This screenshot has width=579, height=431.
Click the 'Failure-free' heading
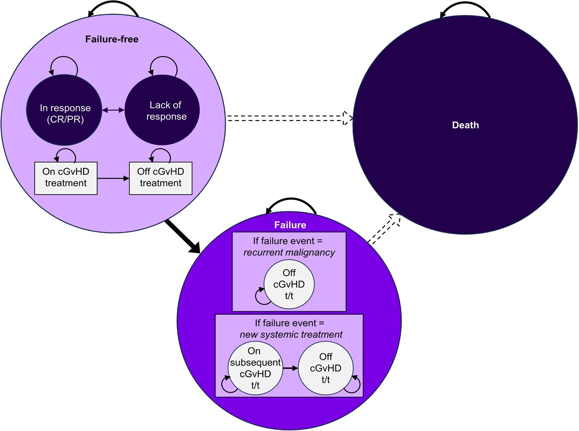(x=112, y=39)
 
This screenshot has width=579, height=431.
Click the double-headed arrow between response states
(x=113, y=110)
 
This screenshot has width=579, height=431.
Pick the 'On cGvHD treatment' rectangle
(x=66, y=178)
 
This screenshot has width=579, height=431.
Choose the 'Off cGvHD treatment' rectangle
(x=161, y=178)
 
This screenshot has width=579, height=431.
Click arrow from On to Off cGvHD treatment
(x=113, y=179)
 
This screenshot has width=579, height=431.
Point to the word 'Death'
(x=465, y=125)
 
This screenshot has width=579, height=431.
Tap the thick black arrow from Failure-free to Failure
(x=183, y=236)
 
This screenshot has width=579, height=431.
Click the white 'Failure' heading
(x=290, y=225)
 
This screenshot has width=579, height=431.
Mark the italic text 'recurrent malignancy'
(x=289, y=252)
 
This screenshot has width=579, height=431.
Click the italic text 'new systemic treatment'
(x=291, y=335)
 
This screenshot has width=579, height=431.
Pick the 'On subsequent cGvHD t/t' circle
(x=255, y=368)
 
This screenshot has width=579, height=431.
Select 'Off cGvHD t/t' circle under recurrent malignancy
(x=289, y=284)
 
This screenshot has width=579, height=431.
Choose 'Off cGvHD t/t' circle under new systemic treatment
(x=326, y=368)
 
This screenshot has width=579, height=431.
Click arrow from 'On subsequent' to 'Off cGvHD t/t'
(x=290, y=368)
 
